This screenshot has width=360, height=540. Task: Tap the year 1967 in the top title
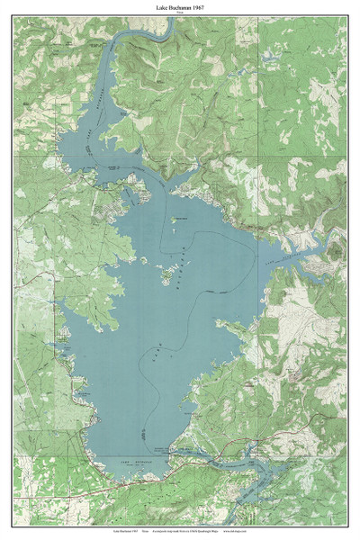(x=206, y=6)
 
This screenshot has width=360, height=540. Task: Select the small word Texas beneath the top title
(x=180, y=13)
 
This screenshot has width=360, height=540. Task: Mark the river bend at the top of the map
(x=162, y=32)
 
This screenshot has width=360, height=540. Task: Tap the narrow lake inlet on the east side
(x=306, y=247)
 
